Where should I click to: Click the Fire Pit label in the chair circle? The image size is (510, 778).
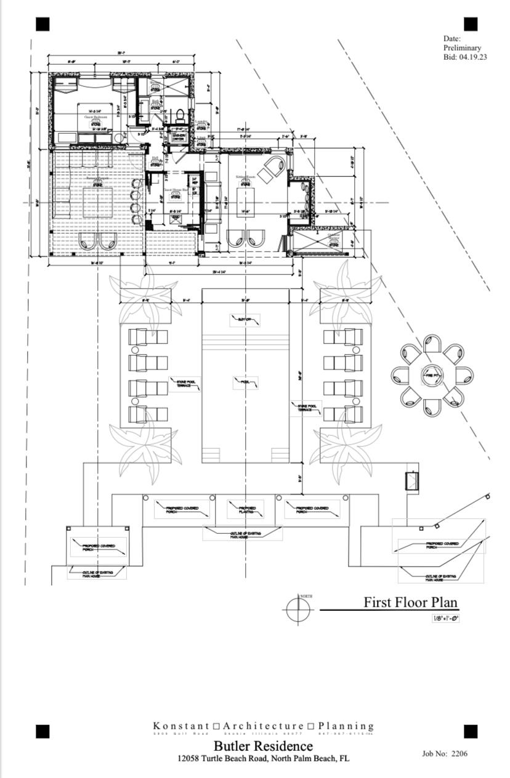431,375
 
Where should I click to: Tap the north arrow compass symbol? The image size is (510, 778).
299,610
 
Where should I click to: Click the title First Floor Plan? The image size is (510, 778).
410,602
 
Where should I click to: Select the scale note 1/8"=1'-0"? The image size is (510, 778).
445,618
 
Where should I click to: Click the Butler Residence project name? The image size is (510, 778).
263,746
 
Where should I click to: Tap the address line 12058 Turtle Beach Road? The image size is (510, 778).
263,758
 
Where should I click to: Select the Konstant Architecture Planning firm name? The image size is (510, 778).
263,726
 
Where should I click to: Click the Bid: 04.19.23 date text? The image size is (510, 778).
465,57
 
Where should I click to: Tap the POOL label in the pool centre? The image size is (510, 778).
245,383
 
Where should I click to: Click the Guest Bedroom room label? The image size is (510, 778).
95,117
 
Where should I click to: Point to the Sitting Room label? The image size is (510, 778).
245,177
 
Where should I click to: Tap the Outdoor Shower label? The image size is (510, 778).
333,237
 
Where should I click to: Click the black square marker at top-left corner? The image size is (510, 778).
42,24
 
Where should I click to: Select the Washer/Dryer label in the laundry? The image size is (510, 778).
178,137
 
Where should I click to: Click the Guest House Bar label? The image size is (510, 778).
176,190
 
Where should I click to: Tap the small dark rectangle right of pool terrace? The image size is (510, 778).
411,481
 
